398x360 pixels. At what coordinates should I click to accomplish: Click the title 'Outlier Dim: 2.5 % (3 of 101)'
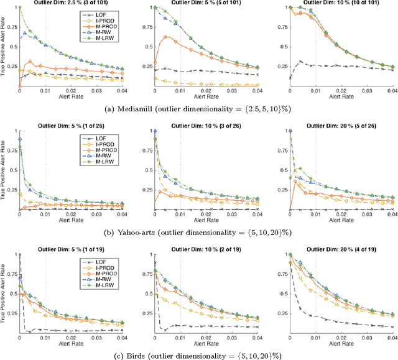(x=70, y=2)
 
